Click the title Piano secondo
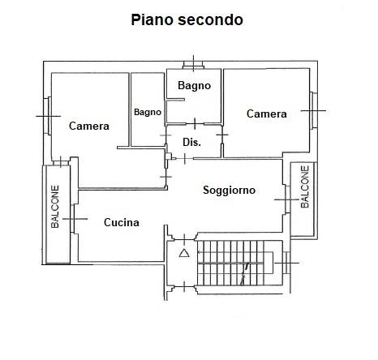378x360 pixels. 187,20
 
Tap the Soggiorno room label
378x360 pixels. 229,191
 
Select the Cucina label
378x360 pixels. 122,222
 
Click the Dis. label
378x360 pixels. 191,142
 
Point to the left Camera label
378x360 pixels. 89,126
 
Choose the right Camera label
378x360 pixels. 267,114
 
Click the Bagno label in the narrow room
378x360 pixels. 148,112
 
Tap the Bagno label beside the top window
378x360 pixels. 194,85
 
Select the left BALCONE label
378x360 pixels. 55,207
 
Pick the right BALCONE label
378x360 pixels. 305,186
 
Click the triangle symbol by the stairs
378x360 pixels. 184,253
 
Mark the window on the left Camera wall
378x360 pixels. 48,116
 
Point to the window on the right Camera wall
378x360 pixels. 314,110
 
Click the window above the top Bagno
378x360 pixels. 193,65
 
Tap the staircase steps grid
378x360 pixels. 230,263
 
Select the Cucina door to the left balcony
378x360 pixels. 73,219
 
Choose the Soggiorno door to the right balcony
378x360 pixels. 288,199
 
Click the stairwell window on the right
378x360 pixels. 287,263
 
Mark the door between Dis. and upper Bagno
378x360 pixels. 195,124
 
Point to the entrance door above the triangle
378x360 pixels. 184,239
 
